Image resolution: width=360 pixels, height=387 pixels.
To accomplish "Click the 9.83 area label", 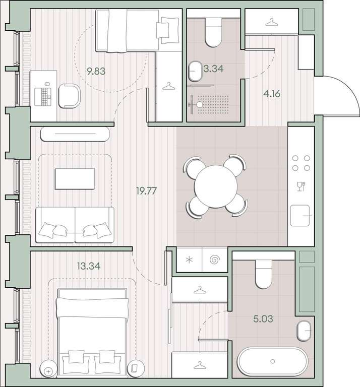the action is coord(96,72).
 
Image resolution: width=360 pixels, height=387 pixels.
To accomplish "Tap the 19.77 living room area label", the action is coord(146,191).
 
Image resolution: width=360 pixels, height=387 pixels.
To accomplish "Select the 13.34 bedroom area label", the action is coord(89,266).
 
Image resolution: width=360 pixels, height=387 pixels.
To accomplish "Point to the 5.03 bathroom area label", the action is coord(263,318).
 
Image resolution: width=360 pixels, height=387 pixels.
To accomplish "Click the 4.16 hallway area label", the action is coord(272,94).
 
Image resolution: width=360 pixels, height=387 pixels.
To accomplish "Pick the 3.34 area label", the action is coord(214,69).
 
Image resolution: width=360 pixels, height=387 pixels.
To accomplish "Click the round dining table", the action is coord(216,186).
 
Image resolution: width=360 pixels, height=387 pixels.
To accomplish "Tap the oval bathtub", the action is coord(273,361).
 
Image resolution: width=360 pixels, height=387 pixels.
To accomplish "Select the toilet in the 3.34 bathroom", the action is coord(214,32).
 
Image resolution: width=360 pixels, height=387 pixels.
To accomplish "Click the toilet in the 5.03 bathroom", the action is coord(264,274).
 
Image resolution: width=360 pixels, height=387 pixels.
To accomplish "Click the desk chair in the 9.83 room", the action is coord(70,96).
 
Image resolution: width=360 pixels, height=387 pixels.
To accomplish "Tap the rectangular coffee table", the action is coord(75,179).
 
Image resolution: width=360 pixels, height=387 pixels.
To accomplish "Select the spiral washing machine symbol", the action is coord(214,260).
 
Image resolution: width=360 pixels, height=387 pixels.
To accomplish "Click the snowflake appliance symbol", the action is coord(189,260).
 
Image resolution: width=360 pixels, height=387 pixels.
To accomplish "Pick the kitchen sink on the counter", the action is coord(300,216).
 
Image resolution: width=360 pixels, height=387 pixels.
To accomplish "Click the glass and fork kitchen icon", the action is coord(301,186).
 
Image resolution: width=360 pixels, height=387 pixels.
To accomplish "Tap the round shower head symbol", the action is coord(199,105).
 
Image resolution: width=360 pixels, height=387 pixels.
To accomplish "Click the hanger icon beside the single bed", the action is coord(169,86).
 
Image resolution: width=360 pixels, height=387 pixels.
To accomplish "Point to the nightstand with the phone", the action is coord(135,368).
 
